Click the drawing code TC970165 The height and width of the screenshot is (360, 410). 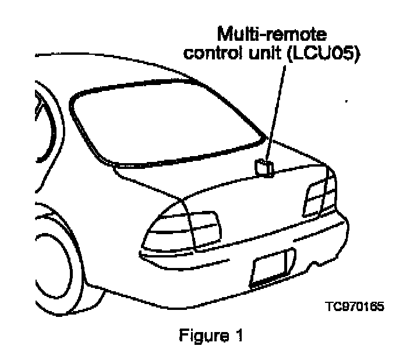tap(355, 306)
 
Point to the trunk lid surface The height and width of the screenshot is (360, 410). tap(245, 198)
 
